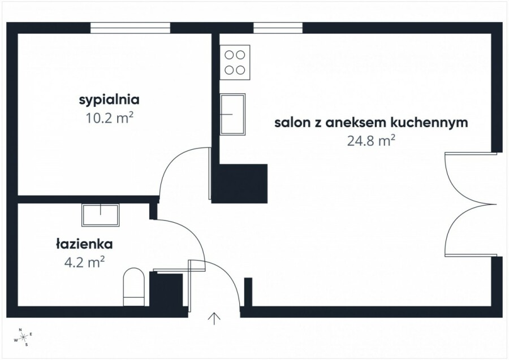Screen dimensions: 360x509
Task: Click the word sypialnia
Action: click(x=109, y=101)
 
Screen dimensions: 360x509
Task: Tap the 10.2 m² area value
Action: click(x=109, y=119)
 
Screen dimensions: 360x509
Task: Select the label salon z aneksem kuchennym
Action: click(x=371, y=123)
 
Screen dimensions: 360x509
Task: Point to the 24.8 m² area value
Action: click(x=371, y=141)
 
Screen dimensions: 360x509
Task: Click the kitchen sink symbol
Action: click(x=232, y=113)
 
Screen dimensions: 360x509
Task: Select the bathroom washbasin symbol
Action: click(x=101, y=215)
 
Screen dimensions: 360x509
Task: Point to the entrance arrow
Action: click(x=215, y=319)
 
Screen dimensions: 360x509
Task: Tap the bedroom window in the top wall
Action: click(x=131, y=27)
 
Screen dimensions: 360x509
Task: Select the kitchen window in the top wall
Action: click(x=278, y=27)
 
